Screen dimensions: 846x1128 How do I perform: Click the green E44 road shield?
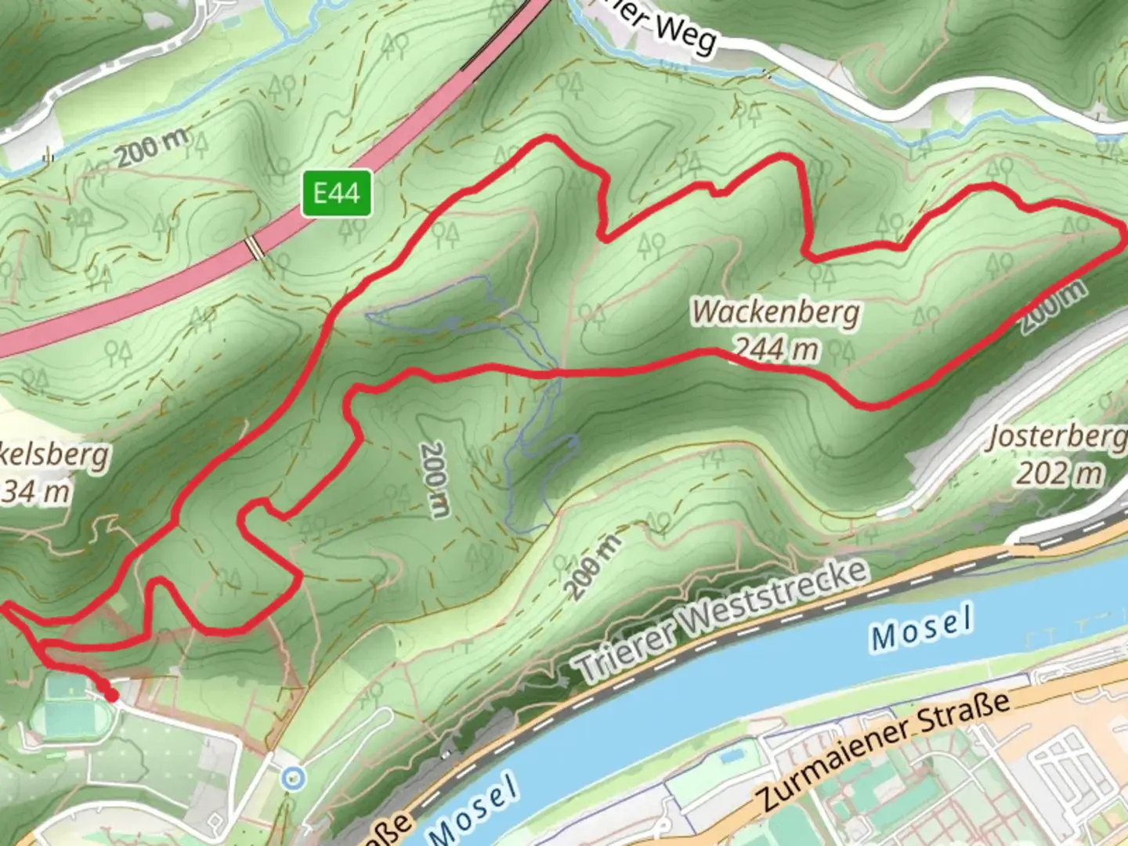(337, 193)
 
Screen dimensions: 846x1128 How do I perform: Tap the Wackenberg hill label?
(775, 313)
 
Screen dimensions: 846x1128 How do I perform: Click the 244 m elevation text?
(776, 348)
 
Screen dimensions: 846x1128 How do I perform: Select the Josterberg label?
(1057, 437)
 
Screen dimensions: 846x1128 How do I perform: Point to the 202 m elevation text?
(1059, 473)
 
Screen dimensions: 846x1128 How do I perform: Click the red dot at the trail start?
(112, 695)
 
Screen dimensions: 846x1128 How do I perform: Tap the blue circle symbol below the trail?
(293, 778)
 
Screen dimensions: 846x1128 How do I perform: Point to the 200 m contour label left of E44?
(154, 147)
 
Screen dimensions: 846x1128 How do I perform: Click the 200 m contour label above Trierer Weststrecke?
(592, 565)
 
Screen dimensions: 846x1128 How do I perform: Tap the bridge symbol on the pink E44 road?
(255, 248)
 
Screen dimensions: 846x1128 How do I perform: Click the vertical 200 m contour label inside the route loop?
(433, 479)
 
